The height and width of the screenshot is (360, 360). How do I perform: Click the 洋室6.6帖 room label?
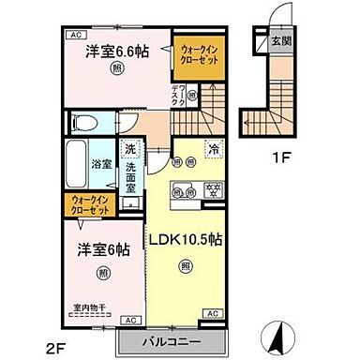click(x=117, y=52)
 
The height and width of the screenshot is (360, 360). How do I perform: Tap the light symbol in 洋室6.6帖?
click(x=115, y=67)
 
